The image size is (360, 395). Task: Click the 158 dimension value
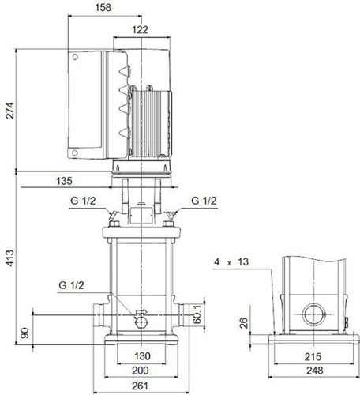point(103,7)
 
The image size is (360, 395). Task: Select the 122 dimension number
point(140,30)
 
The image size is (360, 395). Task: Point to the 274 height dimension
point(9,110)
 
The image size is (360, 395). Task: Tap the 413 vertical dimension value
point(9,258)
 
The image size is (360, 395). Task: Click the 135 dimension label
point(64,181)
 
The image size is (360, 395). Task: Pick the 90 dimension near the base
point(24,333)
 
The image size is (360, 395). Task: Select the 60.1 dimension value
point(197,314)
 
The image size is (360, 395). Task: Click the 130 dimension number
point(142,356)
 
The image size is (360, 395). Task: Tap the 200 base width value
point(141,371)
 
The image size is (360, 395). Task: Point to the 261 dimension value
point(140,386)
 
